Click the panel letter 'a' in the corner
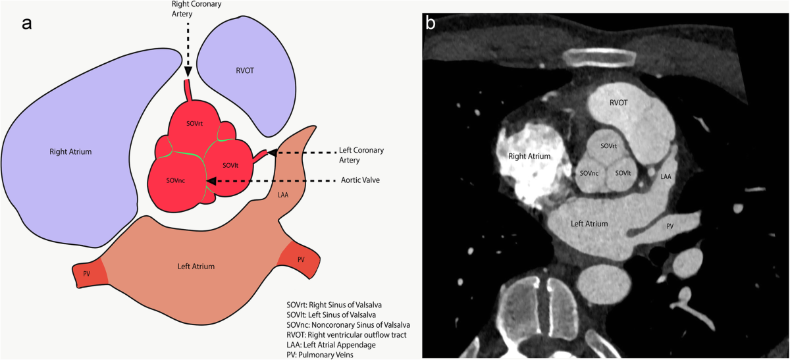coord(27,24)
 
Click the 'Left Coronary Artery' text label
coord(361,155)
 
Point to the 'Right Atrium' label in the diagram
coord(70,152)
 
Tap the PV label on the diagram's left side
coord(86,273)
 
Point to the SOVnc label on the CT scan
coord(589,173)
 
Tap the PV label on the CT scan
coord(670,226)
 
